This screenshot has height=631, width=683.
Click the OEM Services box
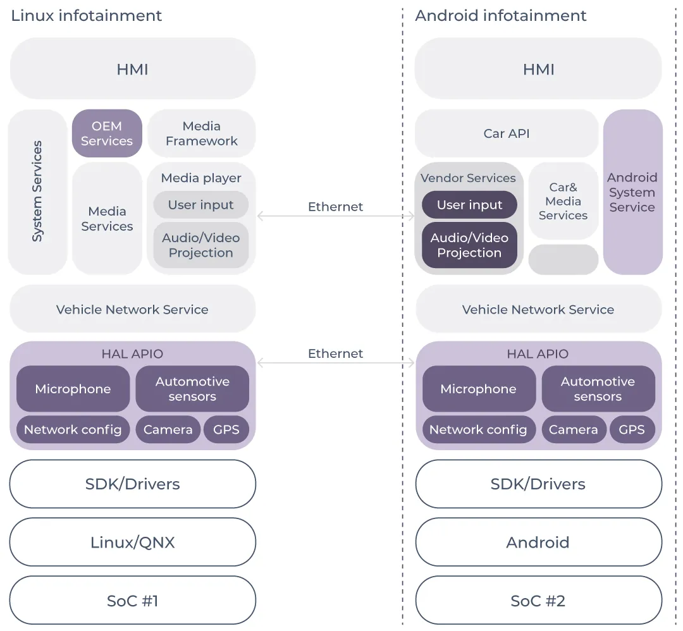[x=107, y=133]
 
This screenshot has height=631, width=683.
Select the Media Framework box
[x=201, y=133]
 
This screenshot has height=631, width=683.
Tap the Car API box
[x=506, y=133]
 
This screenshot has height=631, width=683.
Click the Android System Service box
[x=632, y=192]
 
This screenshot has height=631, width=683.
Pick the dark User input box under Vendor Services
[x=469, y=205]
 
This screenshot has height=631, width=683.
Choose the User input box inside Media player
[x=200, y=205]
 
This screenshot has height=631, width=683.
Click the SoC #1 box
[x=132, y=601]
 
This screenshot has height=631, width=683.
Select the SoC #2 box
[x=538, y=601]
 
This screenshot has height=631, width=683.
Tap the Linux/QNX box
[x=132, y=542]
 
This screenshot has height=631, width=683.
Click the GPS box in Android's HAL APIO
[x=632, y=430]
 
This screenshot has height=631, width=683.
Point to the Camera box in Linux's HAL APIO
[x=168, y=430]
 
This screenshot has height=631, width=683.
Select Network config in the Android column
[x=478, y=430]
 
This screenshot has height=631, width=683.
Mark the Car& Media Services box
[x=563, y=201]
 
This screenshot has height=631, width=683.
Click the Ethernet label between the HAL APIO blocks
[x=335, y=353]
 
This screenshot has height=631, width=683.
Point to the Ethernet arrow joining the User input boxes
[x=335, y=217]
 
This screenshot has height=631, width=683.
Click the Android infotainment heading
[x=500, y=16]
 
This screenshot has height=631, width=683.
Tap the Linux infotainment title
[x=87, y=16]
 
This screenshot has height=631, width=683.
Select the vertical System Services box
[x=37, y=192]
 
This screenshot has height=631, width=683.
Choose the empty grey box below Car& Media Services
[x=563, y=260]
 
